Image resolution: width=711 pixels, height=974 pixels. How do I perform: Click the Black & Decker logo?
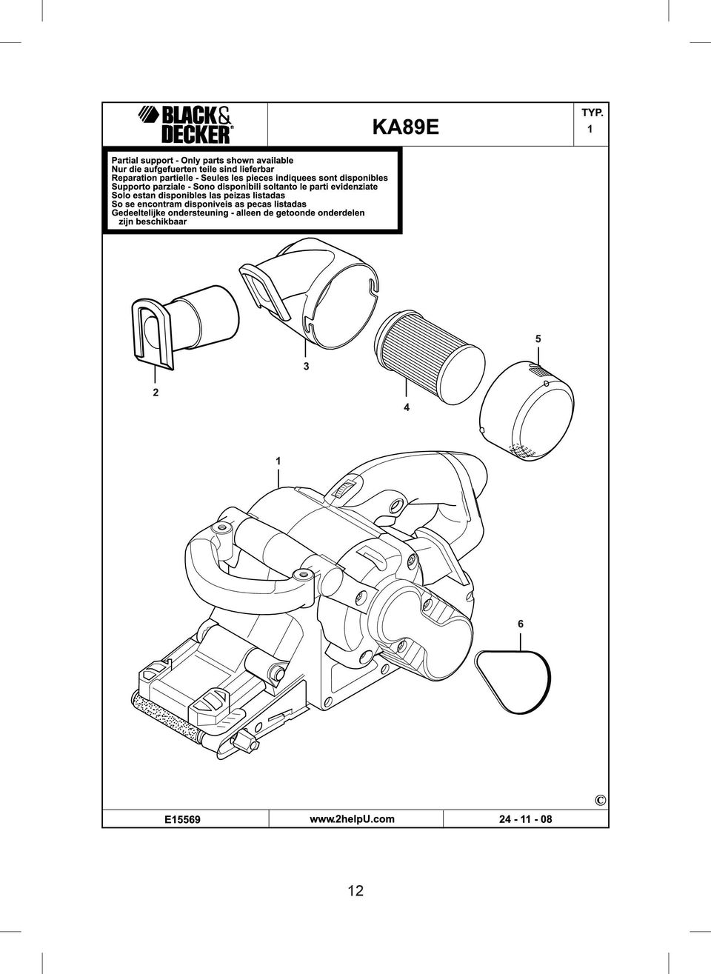pos(186,124)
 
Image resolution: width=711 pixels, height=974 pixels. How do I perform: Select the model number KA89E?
pos(406,128)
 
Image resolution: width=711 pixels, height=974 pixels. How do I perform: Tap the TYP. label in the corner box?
pos(592,113)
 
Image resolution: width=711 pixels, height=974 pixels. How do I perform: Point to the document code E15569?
pos(182,820)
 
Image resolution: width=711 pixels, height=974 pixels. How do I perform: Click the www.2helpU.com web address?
pos(352,819)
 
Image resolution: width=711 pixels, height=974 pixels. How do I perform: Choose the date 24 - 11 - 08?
pos(525,819)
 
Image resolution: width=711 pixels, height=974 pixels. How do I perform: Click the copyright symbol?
pos(600,800)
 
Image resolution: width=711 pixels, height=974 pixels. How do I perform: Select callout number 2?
pos(156,393)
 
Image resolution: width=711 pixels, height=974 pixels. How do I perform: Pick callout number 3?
pos(306,366)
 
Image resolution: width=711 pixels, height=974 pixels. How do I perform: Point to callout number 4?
pos(406,407)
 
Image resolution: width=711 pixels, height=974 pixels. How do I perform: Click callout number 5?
pos(538,338)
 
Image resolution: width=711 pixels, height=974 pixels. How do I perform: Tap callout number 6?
pos(521,624)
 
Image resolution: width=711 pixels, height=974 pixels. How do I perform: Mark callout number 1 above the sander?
pos(278,461)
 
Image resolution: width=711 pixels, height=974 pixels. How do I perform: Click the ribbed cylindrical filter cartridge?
pos(429,356)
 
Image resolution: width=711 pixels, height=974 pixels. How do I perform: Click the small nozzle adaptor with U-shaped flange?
pos(184,328)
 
